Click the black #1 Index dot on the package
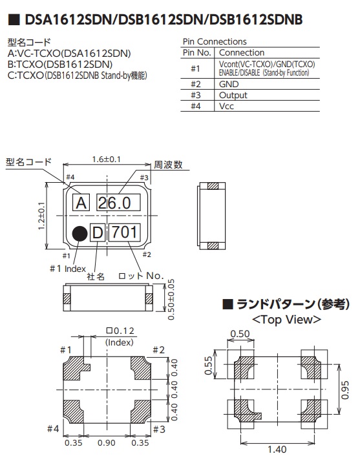click(80, 234)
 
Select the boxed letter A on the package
click(81, 203)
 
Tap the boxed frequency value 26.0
click(118, 203)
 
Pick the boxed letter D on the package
click(98, 232)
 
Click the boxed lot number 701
click(124, 232)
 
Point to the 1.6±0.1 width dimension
click(107, 160)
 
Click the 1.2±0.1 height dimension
click(41, 216)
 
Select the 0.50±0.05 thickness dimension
click(171, 300)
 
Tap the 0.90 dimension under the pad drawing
click(107, 443)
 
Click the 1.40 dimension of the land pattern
click(277, 449)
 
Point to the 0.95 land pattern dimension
click(345, 390)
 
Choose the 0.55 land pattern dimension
click(209, 366)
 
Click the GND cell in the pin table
click(229, 84)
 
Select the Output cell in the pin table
click(233, 95)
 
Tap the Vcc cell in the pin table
click(226, 106)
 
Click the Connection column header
click(242, 53)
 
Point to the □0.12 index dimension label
click(120, 331)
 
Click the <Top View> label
click(286, 320)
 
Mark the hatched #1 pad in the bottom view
click(75, 367)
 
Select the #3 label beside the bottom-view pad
click(159, 429)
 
